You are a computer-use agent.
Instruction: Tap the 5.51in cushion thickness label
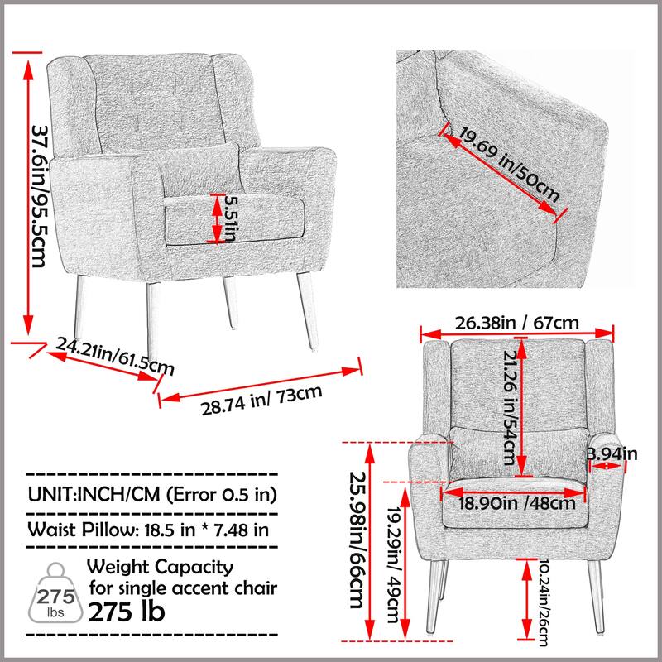tap(234, 220)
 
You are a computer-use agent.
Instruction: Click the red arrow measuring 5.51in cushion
tap(218, 219)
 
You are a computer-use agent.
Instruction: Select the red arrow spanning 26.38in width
tap(519, 335)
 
